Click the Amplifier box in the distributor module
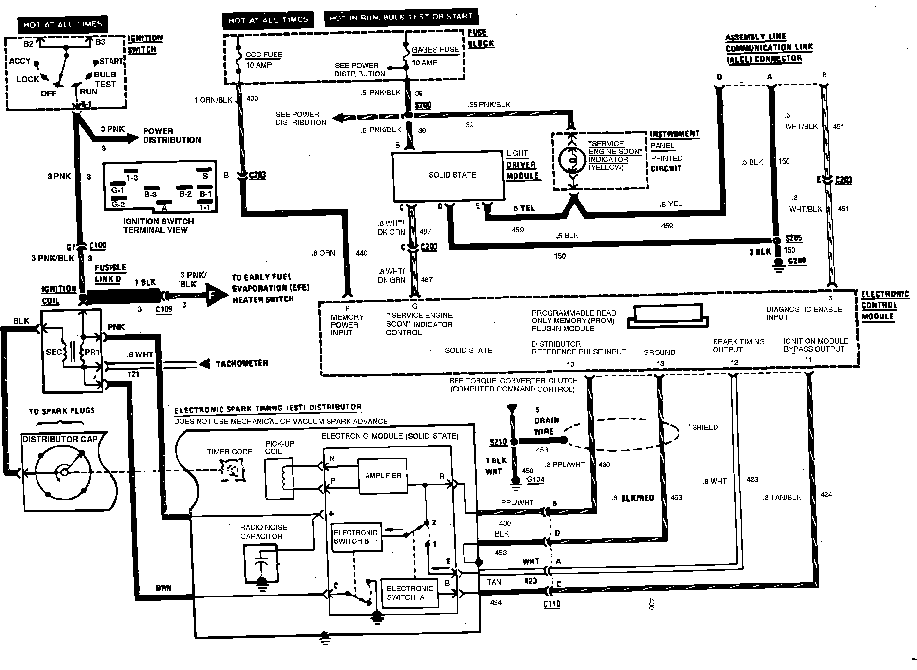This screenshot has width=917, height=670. tap(383, 475)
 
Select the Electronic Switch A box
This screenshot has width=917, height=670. tap(409, 593)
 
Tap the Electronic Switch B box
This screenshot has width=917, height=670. tap(356, 537)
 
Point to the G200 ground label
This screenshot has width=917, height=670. tap(796, 261)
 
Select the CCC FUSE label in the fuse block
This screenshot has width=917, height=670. tap(264, 55)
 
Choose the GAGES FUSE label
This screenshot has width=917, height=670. tap(435, 50)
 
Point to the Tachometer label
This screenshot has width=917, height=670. tap(241, 364)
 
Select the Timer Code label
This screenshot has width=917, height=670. tap(230, 452)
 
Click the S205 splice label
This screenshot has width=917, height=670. tap(794, 238)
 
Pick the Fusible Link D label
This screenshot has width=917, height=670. tap(110, 273)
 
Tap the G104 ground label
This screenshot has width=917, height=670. tap(535, 480)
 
